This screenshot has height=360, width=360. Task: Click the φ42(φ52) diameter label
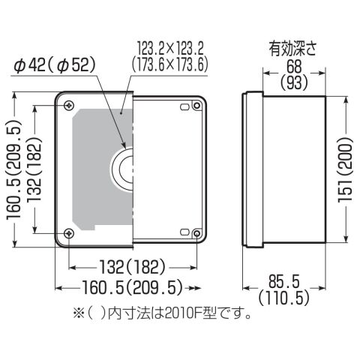click(55, 66)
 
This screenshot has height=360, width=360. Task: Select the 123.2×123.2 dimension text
click(170, 49)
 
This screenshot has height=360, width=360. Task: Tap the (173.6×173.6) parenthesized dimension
click(170, 64)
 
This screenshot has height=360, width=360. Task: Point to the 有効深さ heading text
click(292, 49)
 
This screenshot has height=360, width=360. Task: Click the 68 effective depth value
click(294, 67)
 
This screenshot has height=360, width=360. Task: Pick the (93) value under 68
click(294, 82)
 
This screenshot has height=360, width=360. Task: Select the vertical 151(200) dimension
click(346, 170)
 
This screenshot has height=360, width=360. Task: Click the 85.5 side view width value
click(284, 281)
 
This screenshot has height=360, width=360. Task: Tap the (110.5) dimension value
click(284, 298)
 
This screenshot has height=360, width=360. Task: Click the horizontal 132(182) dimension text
click(133, 267)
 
